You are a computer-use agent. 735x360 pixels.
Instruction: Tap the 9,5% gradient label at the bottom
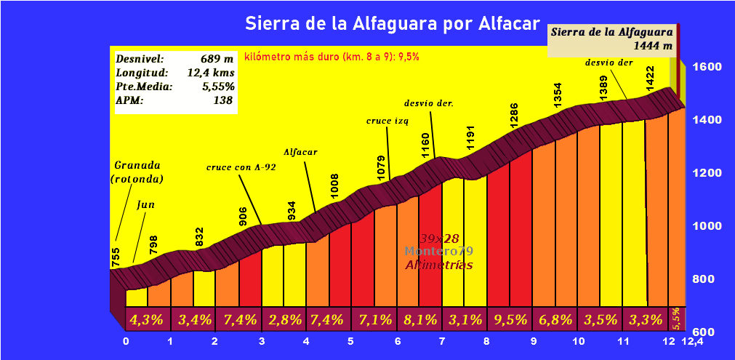(510, 319)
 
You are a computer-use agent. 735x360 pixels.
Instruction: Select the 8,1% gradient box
(420, 319)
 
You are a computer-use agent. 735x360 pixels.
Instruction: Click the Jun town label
(145, 204)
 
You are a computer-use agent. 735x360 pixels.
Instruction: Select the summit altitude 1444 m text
(653, 46)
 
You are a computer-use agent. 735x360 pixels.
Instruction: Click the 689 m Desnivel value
(217, 59)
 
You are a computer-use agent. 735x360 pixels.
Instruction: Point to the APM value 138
(223, 100)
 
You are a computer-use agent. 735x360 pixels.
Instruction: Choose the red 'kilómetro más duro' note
(332, 56)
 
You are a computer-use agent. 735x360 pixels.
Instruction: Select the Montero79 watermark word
(439, 251)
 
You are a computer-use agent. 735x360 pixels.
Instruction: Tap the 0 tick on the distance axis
(126, 342)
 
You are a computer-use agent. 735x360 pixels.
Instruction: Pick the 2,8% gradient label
(284, 319)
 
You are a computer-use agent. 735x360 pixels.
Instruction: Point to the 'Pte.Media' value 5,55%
(218, 87)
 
